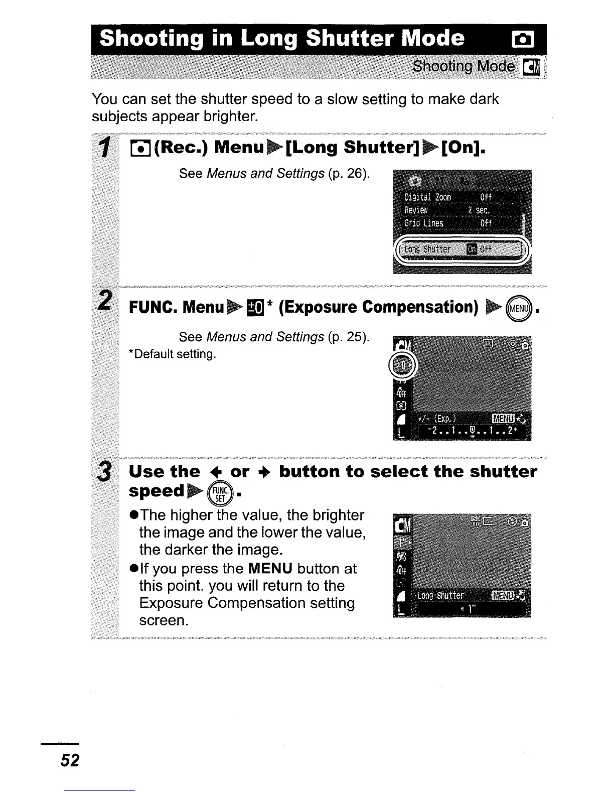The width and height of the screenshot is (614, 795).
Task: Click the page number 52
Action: [x=70, y=760]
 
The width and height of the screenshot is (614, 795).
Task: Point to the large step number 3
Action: [x=104, y=472]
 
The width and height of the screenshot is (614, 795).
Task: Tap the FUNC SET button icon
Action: [x=222, y=493]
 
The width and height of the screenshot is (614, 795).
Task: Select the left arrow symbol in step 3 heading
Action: [x=214, y=472]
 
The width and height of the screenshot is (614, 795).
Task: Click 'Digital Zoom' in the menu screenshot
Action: [x=427, y=197]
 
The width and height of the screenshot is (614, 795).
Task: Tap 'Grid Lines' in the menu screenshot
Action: [x=424, y=223]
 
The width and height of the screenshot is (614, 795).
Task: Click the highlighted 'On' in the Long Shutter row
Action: [x=472, y=249]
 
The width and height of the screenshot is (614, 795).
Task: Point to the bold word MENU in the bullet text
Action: [x=270, y=569]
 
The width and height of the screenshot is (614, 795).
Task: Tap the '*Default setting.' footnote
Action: [x=173, y=354]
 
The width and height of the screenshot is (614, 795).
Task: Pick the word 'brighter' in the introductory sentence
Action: [x=231, y=116]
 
